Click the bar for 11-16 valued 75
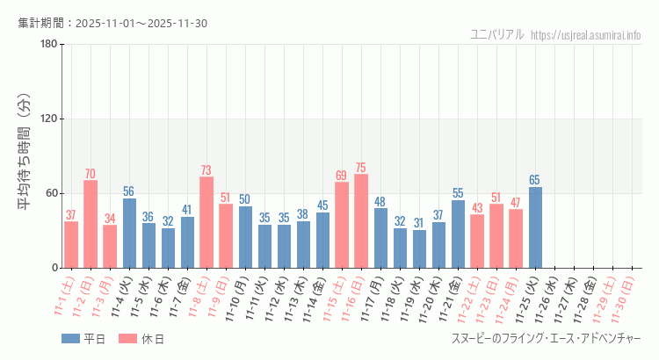coord(361,220)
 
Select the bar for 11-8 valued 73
coord(206,222)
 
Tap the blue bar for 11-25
coord(535,227)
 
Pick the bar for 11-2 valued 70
coord(91,224)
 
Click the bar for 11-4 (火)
coord(129,233)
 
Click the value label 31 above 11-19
coord(419,223)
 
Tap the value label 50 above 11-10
coord(245,199)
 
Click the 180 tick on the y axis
coord(48,45)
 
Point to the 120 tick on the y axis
coord(48,119)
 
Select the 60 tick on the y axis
coord(51,193)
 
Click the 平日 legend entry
coord(83,339)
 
